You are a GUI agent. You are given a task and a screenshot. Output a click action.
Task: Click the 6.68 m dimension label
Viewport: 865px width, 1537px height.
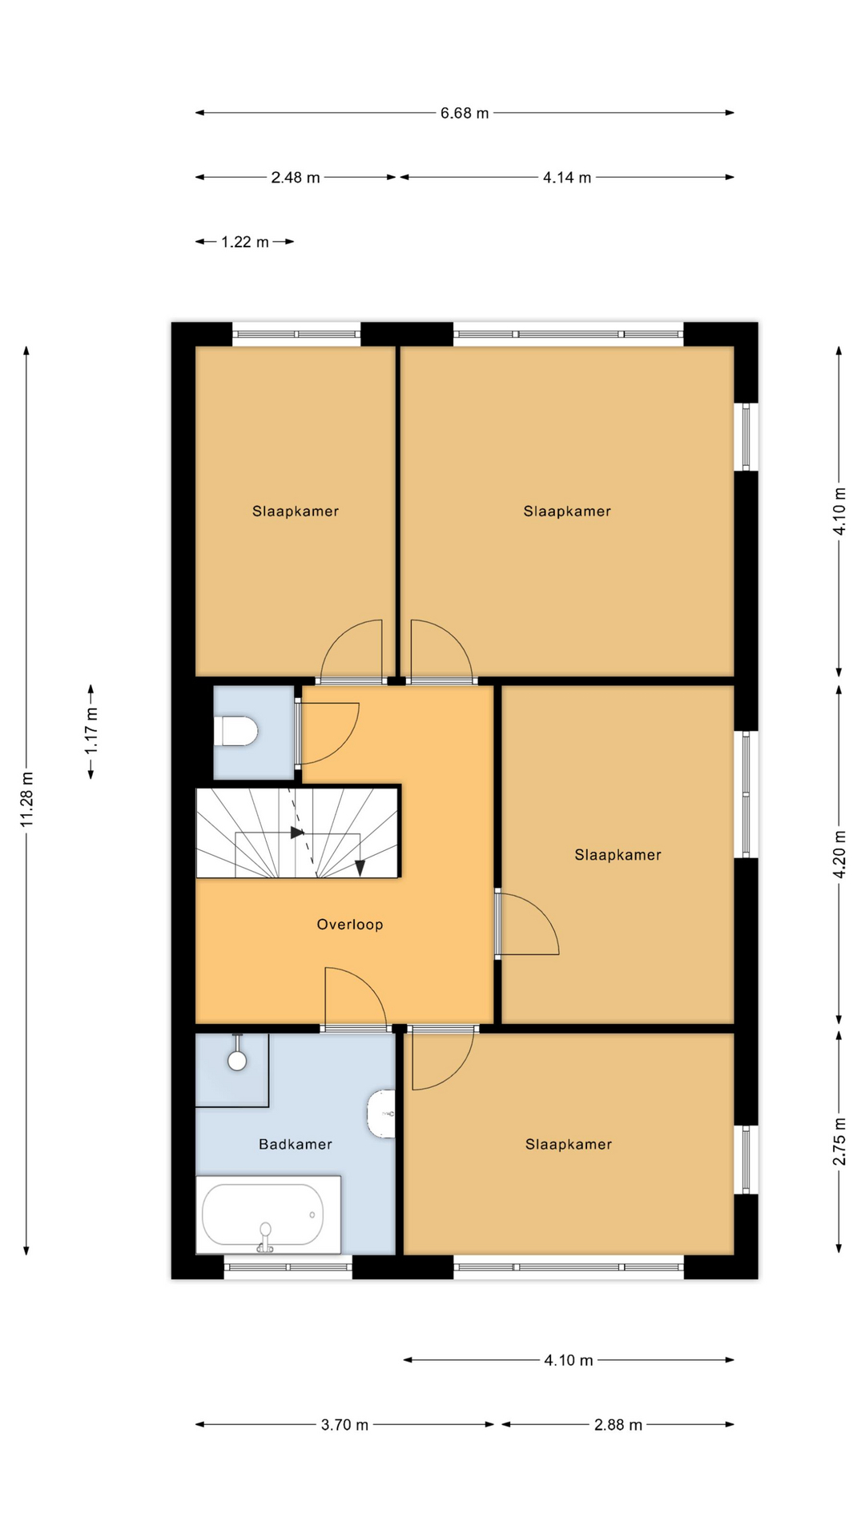465,113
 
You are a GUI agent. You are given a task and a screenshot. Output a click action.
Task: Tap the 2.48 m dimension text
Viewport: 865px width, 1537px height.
296,177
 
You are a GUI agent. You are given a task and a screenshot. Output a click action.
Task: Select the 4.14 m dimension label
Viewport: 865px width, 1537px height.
567,177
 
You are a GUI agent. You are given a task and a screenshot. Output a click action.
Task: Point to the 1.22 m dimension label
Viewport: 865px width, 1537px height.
245,242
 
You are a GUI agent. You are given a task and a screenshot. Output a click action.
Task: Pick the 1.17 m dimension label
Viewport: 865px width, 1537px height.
91,731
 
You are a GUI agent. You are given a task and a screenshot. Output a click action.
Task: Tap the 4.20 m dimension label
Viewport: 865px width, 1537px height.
839,853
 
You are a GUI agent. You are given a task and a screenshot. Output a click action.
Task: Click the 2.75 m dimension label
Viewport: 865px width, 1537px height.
839,1142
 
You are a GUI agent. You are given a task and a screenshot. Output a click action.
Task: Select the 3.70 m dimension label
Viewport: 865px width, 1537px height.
345,1424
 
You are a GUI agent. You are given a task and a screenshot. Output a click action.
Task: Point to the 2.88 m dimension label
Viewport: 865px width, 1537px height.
618,1424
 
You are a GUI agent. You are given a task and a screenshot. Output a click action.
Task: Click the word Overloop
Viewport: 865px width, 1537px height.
350,925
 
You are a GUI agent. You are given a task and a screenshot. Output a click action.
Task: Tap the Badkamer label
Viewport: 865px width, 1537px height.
296,1145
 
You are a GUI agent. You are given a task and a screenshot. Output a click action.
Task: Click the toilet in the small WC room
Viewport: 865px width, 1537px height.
235,732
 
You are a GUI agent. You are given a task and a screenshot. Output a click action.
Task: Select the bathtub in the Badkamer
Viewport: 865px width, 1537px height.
268,1214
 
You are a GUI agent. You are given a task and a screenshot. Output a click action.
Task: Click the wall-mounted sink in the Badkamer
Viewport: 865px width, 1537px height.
381,1114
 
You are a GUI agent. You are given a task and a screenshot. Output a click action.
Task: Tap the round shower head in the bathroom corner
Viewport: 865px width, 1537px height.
237,1061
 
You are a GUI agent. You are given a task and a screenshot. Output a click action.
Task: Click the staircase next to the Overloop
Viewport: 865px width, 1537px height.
298,833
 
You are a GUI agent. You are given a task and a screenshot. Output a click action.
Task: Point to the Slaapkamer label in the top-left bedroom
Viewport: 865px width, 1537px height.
296,512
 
